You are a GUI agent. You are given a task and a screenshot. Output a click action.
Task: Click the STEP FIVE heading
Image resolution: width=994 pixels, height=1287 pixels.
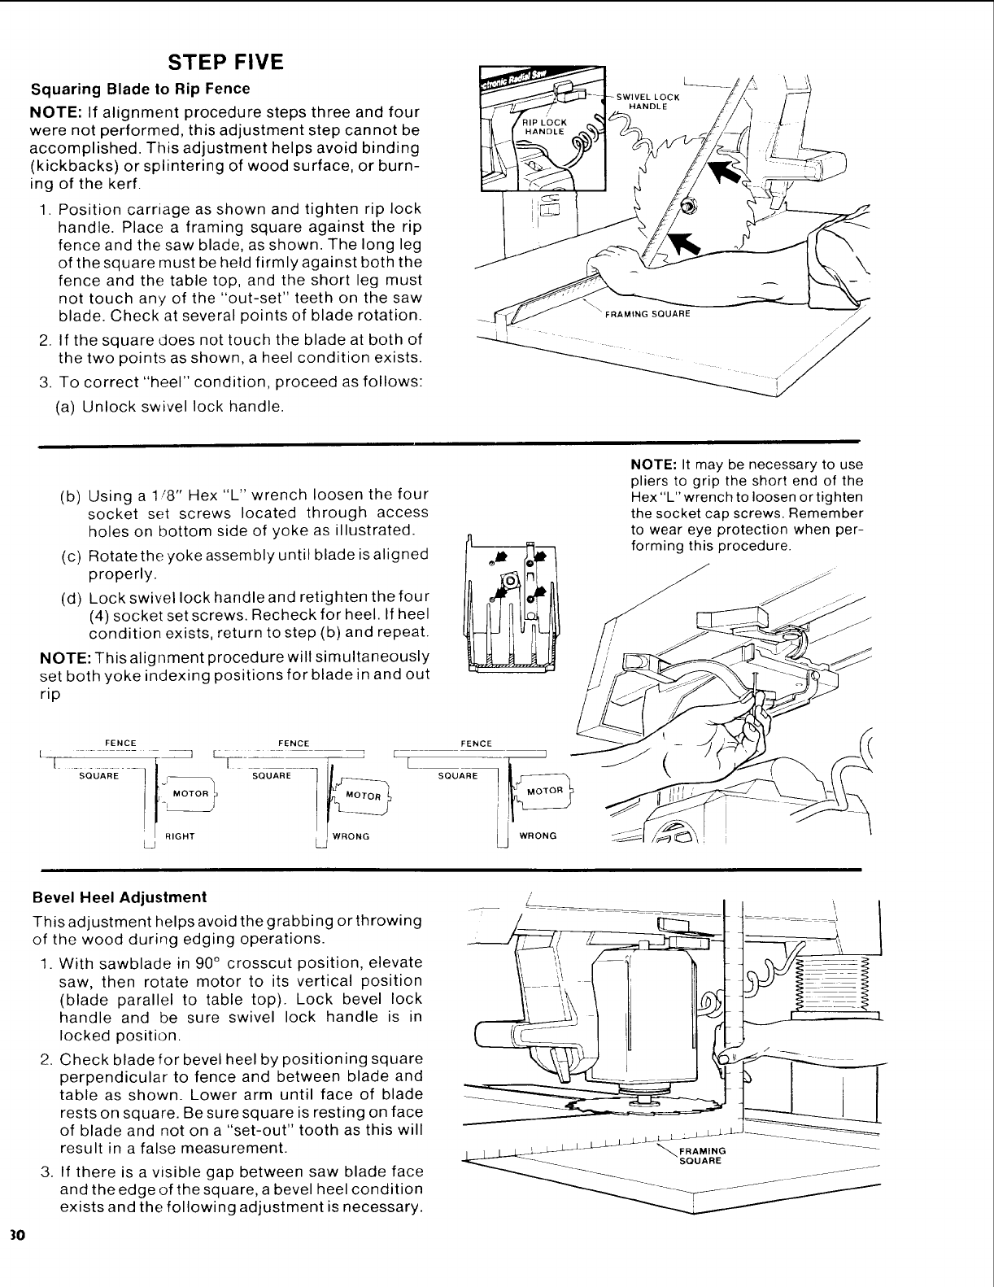pyautogui.click(x=225, y=63)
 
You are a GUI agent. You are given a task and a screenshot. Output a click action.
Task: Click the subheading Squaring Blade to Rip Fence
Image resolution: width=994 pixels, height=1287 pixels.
pyautogui.click(x=140, y=89)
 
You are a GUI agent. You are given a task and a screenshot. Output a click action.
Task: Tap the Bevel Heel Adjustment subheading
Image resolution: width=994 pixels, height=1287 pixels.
pyautogui.click(x=119, y=897)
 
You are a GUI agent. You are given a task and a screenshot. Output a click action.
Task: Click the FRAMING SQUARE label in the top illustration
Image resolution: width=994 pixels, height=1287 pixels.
pyautogui.click(x=647, y=314)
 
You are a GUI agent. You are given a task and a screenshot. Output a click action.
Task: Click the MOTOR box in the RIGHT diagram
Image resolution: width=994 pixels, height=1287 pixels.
pyautogui.click(x=191, y=793)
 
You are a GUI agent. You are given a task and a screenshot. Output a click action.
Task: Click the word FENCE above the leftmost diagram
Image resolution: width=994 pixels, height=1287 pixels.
pyautogui.click(x=120, y=743)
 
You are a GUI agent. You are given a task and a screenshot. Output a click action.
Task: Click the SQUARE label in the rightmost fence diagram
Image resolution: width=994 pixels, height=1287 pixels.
pyautogui.click(x=457, y=775)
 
